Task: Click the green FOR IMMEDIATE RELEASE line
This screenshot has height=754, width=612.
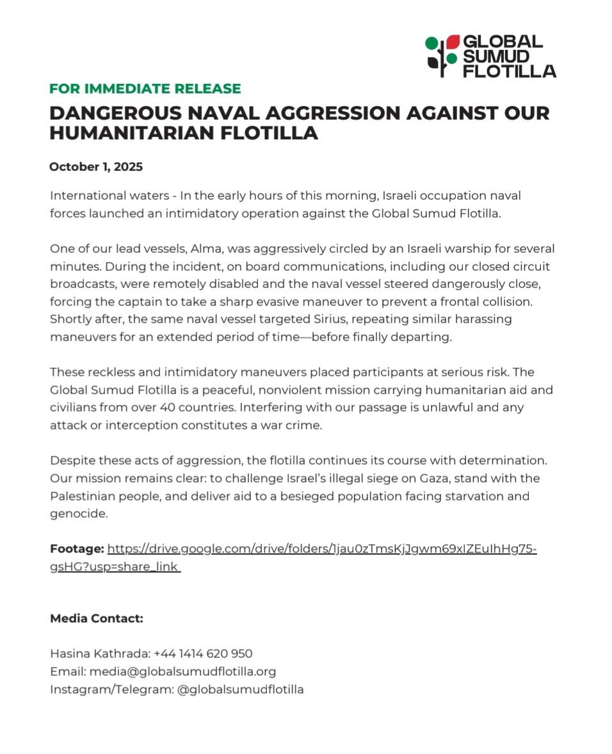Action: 145,89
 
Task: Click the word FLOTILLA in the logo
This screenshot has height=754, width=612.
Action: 510,71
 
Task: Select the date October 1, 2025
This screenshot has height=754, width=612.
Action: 96,167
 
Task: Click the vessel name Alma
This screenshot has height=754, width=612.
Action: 186,248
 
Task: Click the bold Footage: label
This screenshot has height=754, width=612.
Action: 77,549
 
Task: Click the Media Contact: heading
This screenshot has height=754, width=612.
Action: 97,618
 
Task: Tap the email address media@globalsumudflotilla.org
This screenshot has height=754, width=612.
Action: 182,671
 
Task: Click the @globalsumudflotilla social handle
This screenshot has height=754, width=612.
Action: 240,689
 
